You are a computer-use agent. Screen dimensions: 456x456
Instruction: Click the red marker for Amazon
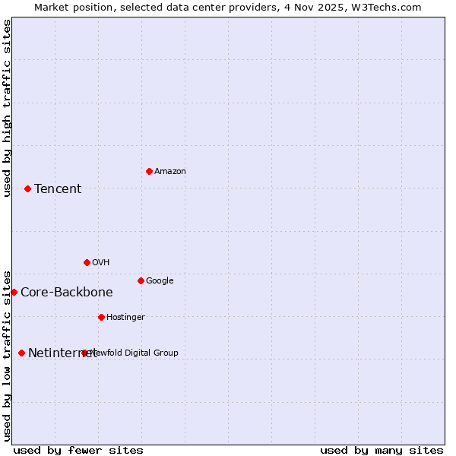pos(149,171)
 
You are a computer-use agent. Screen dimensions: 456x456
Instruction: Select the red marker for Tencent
pos(27,188)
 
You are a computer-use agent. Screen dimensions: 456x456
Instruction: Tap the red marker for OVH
pos(87,262)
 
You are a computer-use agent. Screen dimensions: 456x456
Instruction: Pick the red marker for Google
pos(141,280)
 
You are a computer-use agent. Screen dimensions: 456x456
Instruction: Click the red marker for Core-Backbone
pos(14,292)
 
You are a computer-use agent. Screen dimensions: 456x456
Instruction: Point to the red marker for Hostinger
pos(101,317)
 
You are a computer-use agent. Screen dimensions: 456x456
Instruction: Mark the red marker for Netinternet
pos(21,353)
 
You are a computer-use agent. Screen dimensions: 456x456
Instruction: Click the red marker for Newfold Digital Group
pos(84,353)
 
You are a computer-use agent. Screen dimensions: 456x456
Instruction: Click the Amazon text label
pos(170,172)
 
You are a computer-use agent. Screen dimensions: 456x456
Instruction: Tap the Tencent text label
pos(58,189)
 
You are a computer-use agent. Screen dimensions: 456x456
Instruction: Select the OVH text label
pos(101,263)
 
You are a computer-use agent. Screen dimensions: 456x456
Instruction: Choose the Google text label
pos(160,281)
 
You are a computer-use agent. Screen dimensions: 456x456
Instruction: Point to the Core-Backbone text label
pos(67,293)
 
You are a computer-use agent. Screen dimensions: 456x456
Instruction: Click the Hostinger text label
pos(125,318)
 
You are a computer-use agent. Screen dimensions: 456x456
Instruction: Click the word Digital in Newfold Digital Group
pos(138,353)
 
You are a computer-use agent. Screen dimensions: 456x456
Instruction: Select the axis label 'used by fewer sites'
pos(78,451)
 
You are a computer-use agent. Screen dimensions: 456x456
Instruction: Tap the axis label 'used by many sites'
pos(382,451)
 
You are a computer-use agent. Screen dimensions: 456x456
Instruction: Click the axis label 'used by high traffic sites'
pos(7,108)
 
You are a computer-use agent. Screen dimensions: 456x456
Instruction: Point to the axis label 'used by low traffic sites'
pos(7,356)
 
